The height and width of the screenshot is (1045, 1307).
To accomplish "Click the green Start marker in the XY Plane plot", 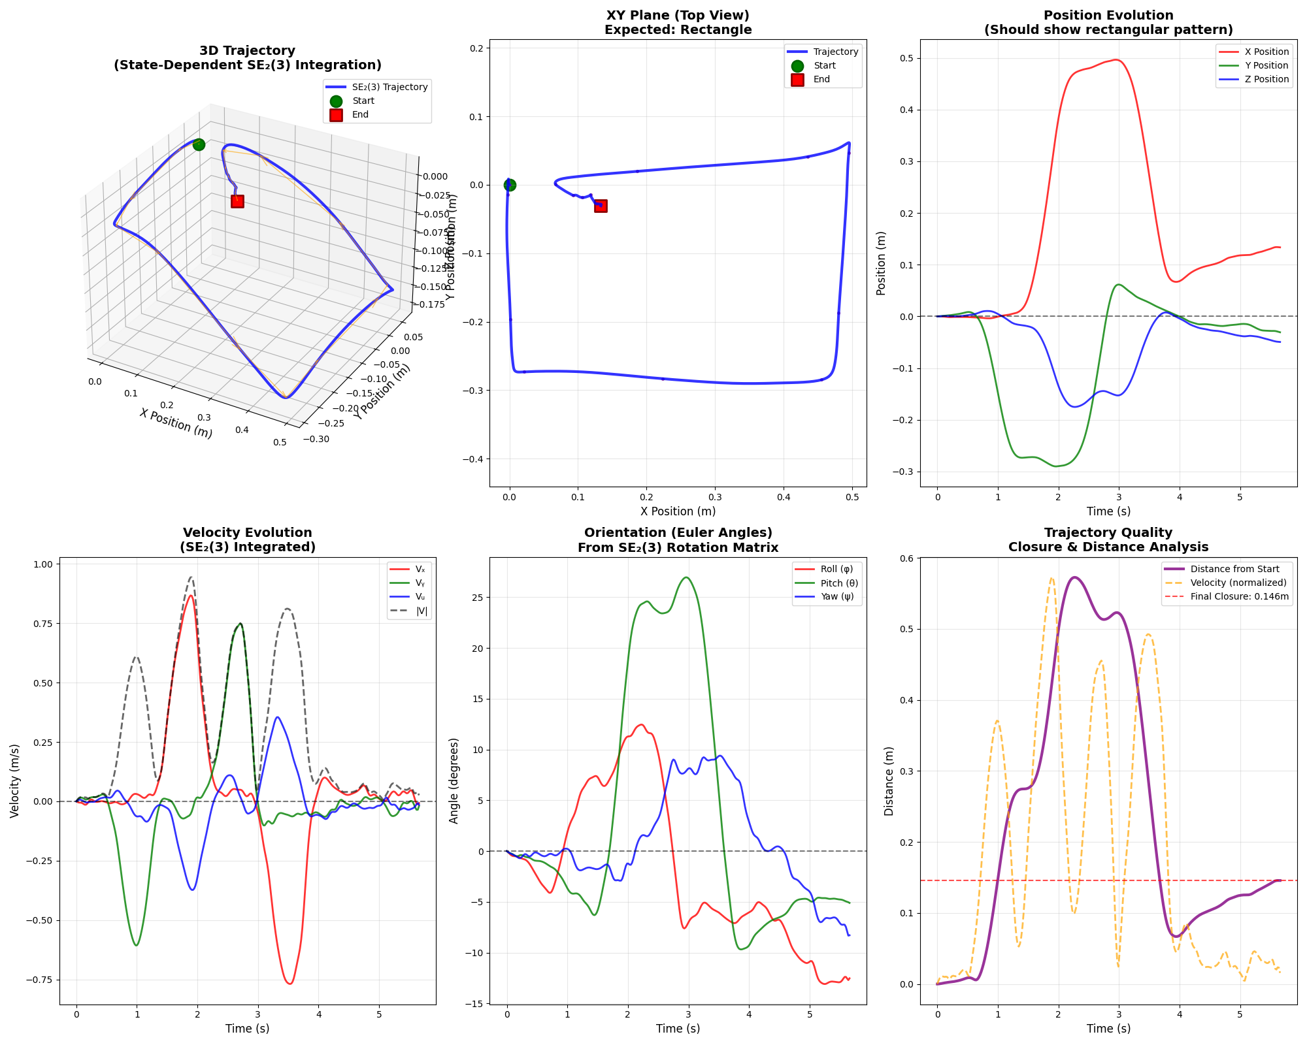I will (510, 185).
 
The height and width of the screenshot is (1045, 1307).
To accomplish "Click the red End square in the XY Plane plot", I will (601, 206).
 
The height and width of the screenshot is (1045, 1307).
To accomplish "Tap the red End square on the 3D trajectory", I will (237, 201).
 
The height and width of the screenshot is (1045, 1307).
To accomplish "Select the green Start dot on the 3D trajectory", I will (199, 144).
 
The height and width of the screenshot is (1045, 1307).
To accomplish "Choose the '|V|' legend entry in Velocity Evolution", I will (421, 611).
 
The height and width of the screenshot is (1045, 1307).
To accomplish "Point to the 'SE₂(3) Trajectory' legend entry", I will (390, 87).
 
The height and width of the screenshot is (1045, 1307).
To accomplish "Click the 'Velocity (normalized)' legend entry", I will (1238, 583).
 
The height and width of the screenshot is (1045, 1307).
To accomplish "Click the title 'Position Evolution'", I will (1108, 16).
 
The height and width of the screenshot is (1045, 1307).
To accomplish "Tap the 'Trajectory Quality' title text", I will (1108, 533).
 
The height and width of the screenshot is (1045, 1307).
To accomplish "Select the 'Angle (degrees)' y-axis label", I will (454, 780).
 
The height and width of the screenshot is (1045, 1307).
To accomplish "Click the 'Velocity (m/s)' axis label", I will (15, 780).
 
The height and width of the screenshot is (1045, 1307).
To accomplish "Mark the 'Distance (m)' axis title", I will (889, 780).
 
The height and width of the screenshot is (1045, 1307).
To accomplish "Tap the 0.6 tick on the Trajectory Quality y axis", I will (908, 558).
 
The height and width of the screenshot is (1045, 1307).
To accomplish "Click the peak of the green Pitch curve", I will (686, 577).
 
